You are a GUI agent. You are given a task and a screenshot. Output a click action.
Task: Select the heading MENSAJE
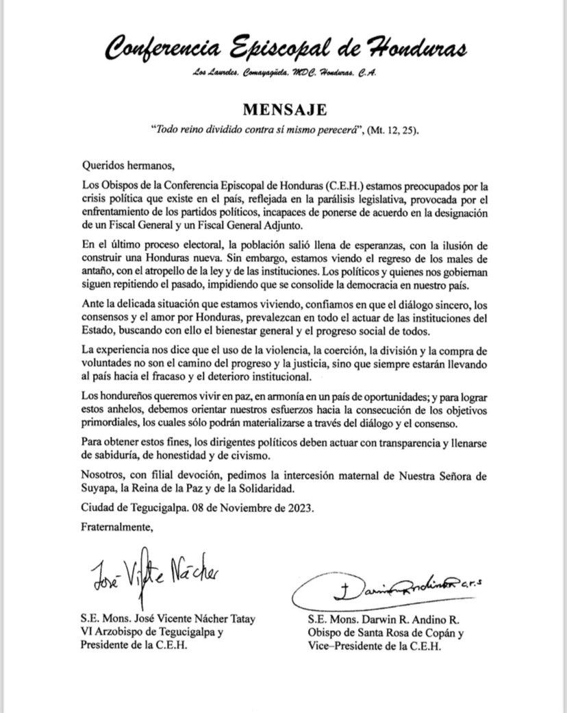284,110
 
